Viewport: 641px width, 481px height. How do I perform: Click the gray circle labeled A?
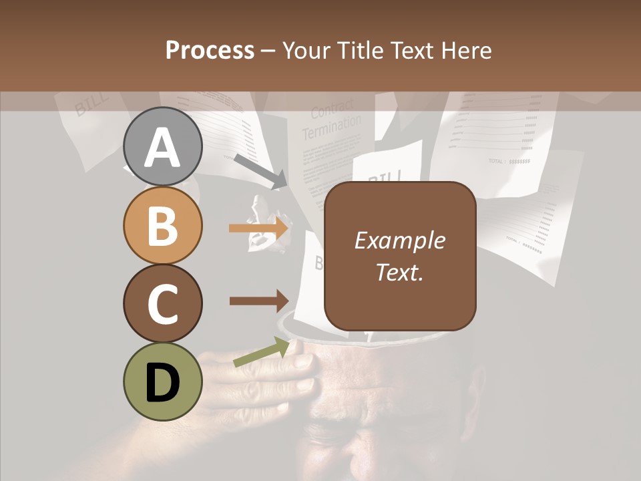click(x=162, y=147)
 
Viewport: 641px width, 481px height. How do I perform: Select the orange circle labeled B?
click(x=162, y=226)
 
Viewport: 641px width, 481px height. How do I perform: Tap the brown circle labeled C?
click(x=162, y=303)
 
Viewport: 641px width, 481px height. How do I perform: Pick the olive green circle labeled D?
click(x=162, y=381)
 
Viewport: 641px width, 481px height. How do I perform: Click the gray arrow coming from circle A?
click(x=260, y=171)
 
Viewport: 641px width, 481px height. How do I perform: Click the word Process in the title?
click(x=210, y=50)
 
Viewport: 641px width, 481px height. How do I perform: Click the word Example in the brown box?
click(x=399, y=240)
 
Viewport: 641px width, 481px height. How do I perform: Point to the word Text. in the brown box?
click(x=399, y=272)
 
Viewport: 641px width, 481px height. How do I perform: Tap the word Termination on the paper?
click(x=331, y=127)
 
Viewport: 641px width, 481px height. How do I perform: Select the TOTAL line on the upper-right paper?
click(x=509, y=161)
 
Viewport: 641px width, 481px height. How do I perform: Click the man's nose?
click(x=364, y=461)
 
